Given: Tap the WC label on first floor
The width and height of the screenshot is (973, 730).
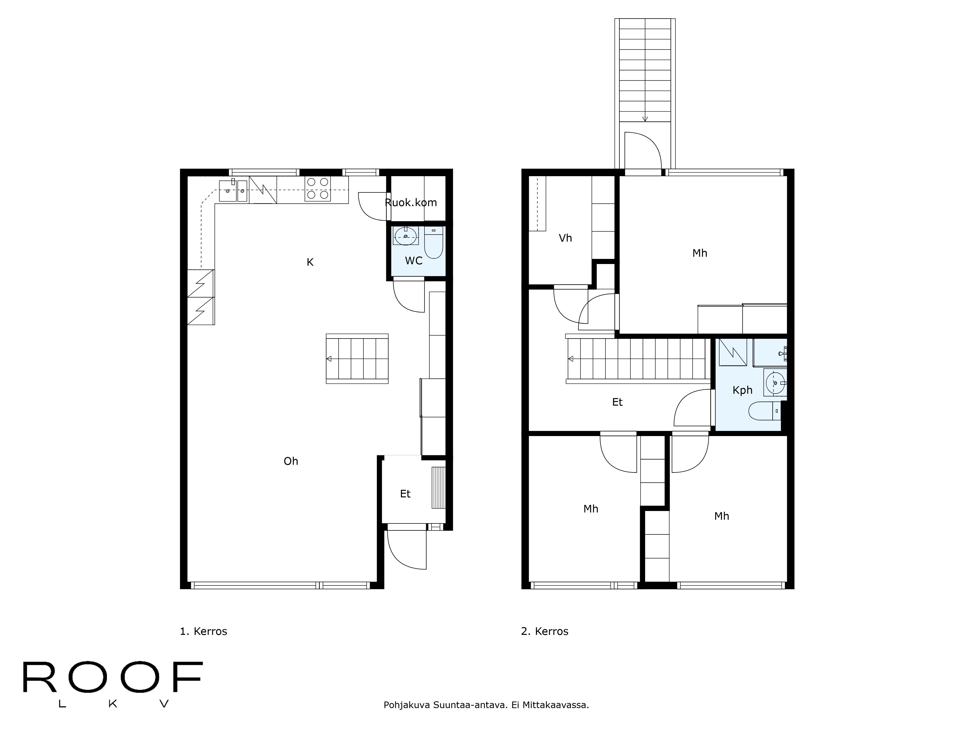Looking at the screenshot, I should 414,261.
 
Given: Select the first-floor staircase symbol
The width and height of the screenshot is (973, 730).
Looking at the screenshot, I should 357,359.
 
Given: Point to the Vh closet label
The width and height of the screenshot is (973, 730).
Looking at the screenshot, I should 565,238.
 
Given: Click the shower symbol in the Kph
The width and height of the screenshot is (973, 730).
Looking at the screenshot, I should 732,352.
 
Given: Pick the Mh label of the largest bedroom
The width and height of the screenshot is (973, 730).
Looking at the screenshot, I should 699,253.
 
